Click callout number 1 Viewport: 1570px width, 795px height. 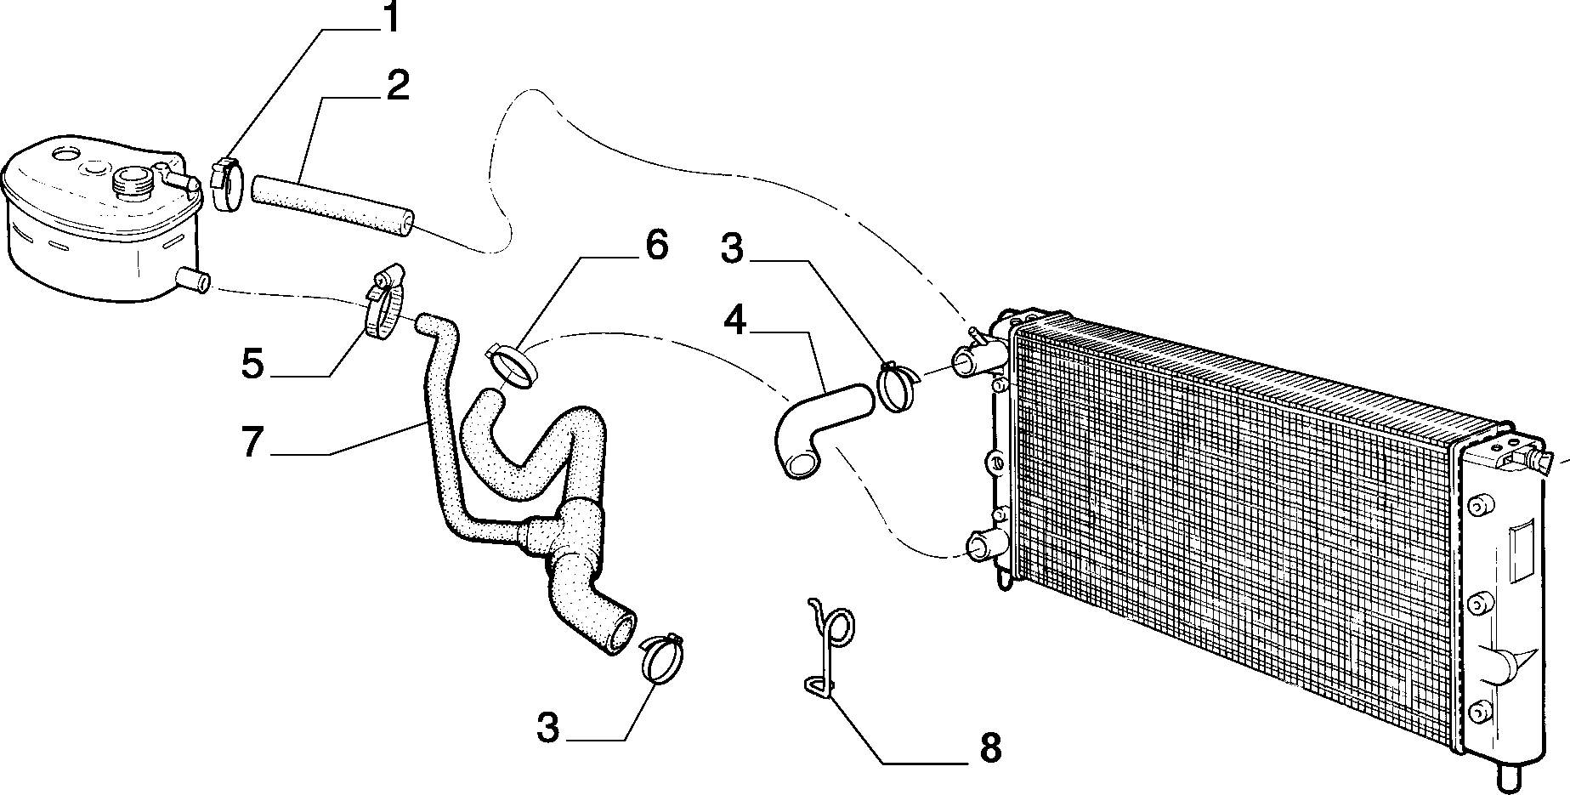tap(389, 18)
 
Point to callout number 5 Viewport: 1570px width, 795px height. tap(252, 363)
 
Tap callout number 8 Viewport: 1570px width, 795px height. tap(989, 748)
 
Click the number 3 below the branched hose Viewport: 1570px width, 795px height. tap(549, 729)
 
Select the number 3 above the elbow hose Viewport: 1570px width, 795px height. tap(732, 249)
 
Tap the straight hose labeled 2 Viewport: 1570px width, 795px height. tap(332, 204)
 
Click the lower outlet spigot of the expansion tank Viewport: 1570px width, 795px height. tap(193, 280)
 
